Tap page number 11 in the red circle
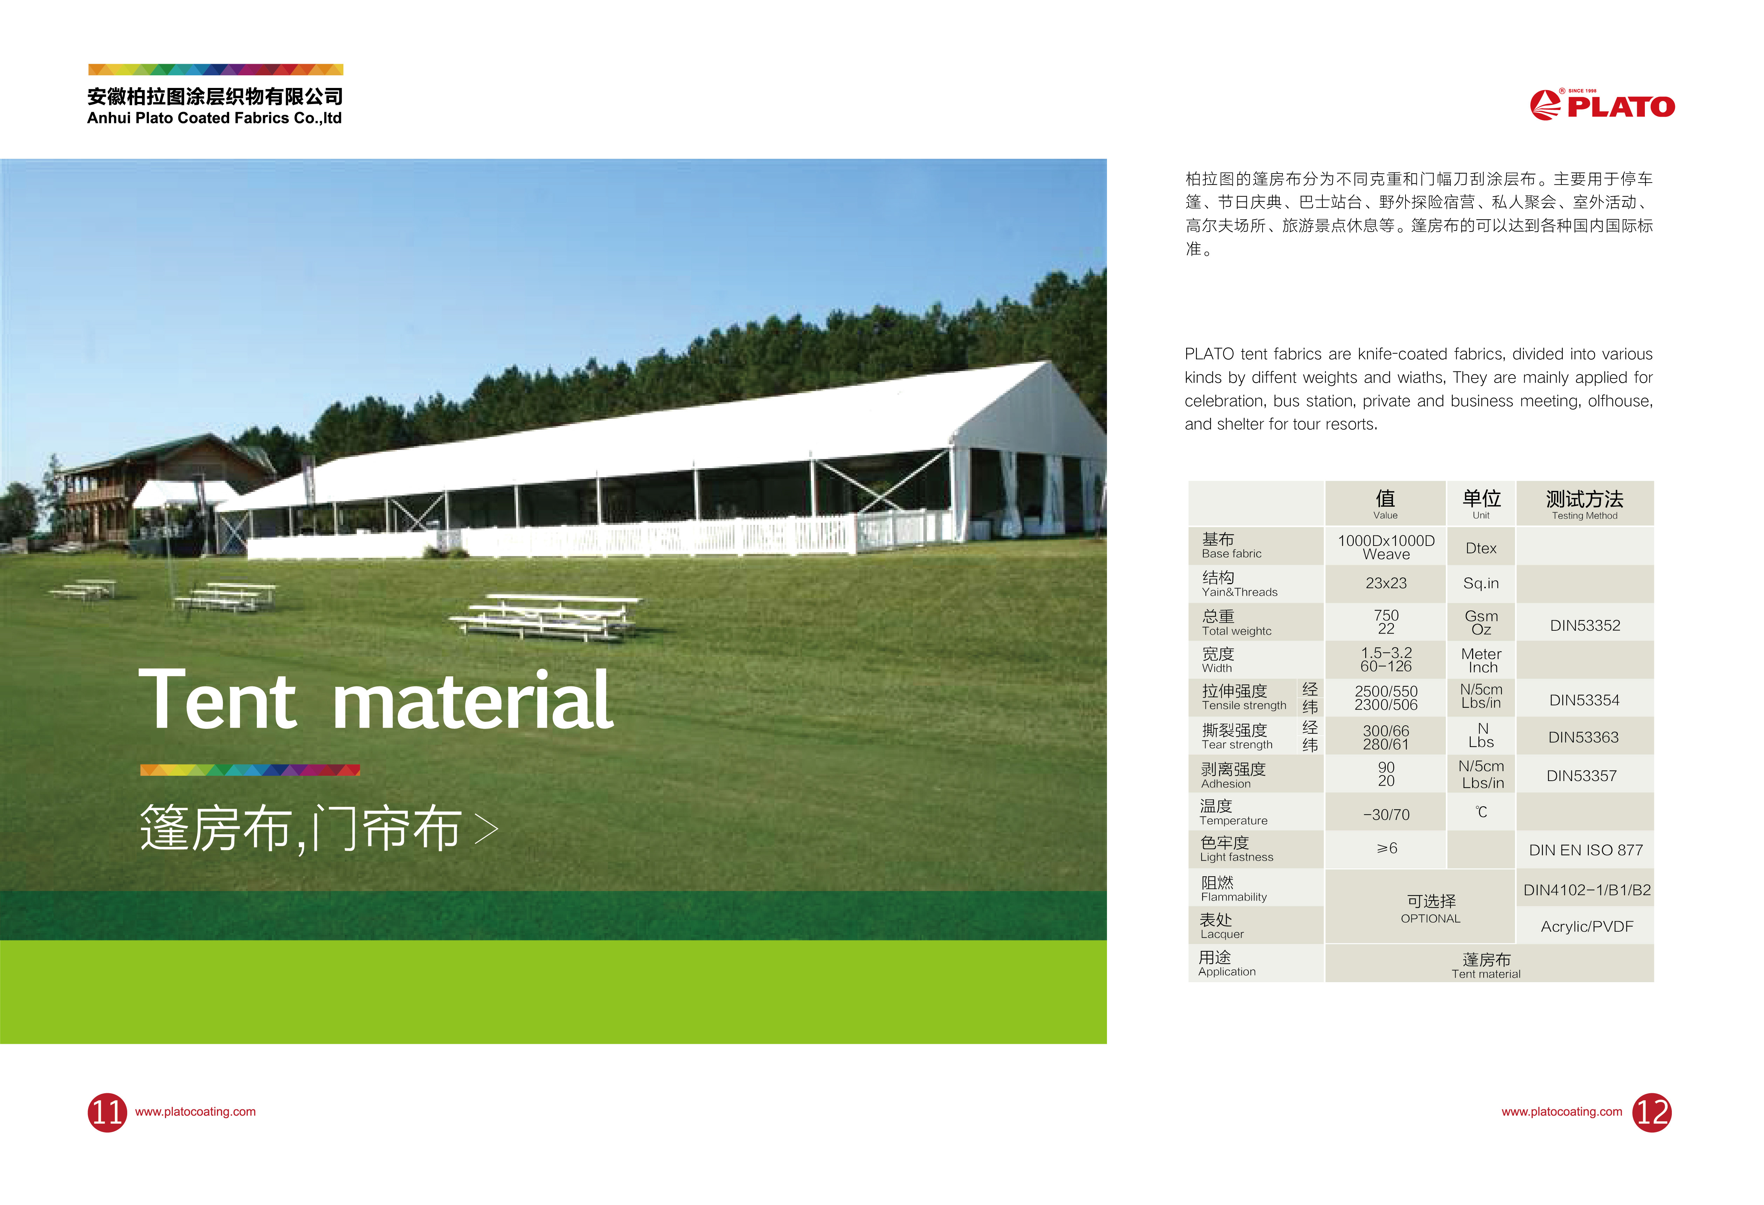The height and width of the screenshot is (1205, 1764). click(x=107, y=1112)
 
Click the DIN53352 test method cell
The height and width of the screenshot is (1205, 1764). click(x=1585, y=625)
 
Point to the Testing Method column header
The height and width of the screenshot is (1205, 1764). click(x=1585, y=504)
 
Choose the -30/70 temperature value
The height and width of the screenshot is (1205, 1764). click(x=1386, y=814)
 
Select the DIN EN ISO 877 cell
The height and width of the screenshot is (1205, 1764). click(x=1586, y=850)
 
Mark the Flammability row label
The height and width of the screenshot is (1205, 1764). click(x=1233, y=889)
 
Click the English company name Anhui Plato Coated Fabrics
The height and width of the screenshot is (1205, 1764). click(x=214, y=118)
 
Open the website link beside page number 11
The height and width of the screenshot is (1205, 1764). click(x=195, y=1112)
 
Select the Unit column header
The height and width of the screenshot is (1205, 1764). click(x=1481, y=504)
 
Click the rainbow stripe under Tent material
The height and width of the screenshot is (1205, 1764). click(x=250, y=770)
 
